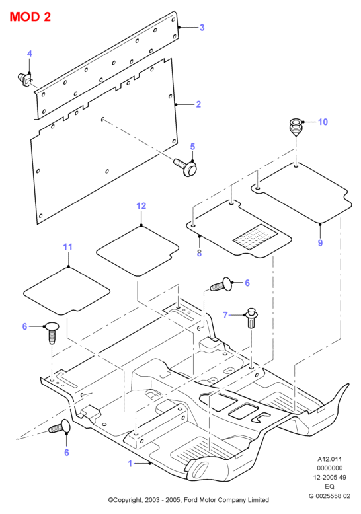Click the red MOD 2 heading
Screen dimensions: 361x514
click(30, 17)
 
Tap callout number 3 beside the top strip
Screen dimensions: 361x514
click(202, 28)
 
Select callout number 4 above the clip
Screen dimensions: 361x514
click(30, 54)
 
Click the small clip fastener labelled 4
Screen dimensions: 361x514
click(25, 80)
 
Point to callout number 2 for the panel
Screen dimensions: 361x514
click(198, 104)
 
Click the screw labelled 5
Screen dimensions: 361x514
click(186, 166)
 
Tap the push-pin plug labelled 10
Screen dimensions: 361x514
click(296, 128)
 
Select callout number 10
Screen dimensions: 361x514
click(323, 122)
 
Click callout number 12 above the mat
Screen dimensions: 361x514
click(141, 206)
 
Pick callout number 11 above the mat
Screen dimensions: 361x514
click(67, 247)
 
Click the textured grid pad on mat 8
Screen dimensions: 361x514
click(255, 237)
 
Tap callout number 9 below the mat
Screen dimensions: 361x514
click(320, 243)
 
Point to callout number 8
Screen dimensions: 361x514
click(199, 253)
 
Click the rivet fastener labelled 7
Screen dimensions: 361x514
click(251, 317)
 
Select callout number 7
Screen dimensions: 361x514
click(225, 315)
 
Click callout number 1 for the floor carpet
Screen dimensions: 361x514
click(130, 464)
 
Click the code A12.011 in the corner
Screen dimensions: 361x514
click(329, 459)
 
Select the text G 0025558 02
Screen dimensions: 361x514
click(329, 496)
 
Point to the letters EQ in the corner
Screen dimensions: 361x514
click(329, 486)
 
